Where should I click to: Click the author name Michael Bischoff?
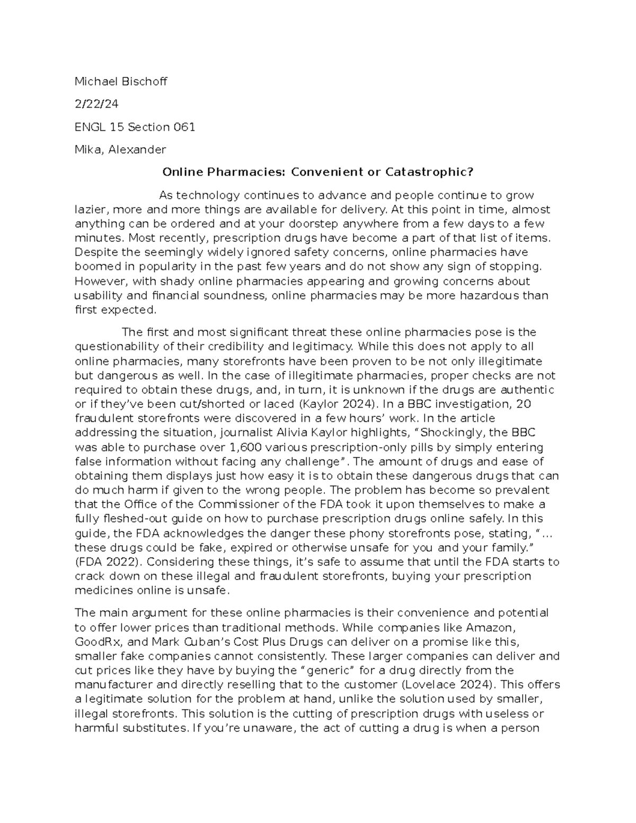coord(120,82)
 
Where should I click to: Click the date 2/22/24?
coord(96,104)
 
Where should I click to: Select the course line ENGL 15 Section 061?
coord(135,127)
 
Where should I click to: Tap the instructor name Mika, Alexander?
coord(120,150)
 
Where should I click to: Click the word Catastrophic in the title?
coord(428,172)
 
